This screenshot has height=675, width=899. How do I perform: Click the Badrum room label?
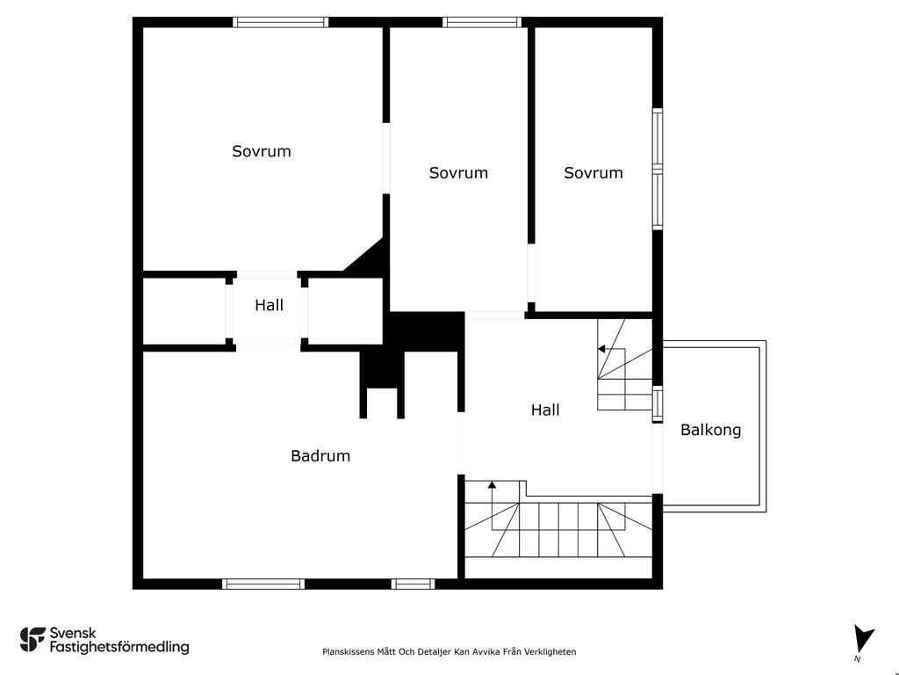(x=320, y=456)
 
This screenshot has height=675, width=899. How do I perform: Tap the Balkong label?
(x=710, y=430)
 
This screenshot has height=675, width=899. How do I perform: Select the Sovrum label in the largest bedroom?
(x=262, y=151)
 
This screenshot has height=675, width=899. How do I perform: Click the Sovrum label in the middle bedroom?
(x=458, y=173)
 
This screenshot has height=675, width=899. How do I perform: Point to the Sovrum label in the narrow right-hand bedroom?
(x=593, y=173)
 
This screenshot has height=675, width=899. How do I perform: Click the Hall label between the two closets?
(x=269, y=305)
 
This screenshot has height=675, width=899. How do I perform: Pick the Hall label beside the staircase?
(x=545, y=410)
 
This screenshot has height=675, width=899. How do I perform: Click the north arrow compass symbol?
(x=863, y=640)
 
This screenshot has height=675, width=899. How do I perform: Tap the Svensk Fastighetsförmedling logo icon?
(x=32, y=640)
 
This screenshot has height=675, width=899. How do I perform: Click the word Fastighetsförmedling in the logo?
(x=119, y=647)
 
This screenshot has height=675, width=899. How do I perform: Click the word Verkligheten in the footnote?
(x=552, y=651)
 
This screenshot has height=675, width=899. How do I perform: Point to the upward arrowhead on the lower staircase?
(x=492, y=485)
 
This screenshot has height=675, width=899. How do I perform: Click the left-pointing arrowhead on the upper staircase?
(x=601, y=348)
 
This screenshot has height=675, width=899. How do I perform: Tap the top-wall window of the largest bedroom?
(x=280, y=22)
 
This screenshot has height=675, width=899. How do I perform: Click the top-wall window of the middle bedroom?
(x=482, y=22)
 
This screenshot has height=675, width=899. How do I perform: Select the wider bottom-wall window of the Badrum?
(x=263, y=584)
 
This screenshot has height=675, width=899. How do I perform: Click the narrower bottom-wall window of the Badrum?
(x=413, y=584)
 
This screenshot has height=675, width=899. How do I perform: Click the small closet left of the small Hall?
(x=183, y=311)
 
